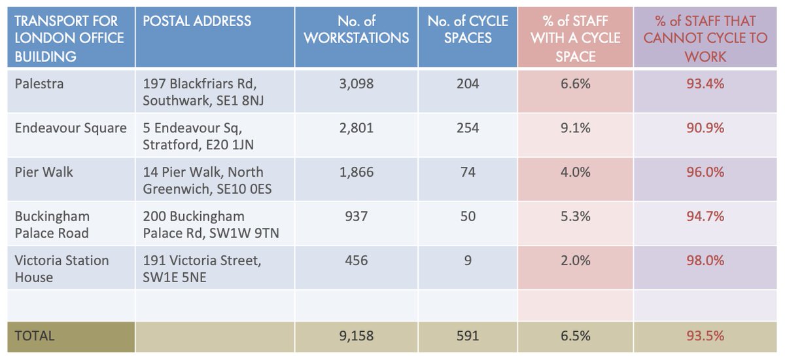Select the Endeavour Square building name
click(71, 128)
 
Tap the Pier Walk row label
click(44, 172)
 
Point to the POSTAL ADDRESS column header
click(197, 21)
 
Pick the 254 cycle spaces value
click(468, 128)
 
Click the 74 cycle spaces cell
click(468, 172)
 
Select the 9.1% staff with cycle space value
click(575, 128)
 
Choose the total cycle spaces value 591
click(468, 336)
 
